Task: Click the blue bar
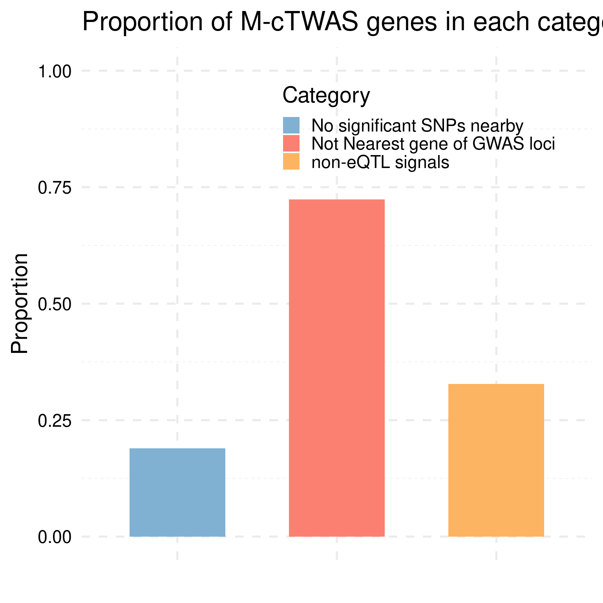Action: [x=177, y=492]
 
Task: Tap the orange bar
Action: [x=496, y=460]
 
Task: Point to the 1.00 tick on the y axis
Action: [x=55, y=72]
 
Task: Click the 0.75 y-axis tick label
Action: [x=55, y=188]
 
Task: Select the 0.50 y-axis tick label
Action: [x=55, y=304]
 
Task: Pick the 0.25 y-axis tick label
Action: [x=55, y=420]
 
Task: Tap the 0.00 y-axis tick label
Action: [x=55, y=537]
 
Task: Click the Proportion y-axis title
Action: [x=20, y=303]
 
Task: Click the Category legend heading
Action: [x=326, y=95]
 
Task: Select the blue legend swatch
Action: [x=291, y=126]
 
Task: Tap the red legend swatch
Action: [x=291, y=144]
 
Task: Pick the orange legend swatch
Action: [x=291, y=162]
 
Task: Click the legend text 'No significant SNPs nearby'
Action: [x=417, y=126]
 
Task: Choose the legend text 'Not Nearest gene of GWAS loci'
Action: [x=433, y=144]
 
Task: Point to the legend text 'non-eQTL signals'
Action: [x=380, y=162]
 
